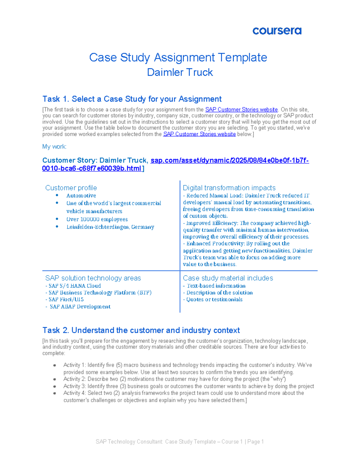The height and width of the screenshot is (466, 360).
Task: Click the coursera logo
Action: pos(277,31)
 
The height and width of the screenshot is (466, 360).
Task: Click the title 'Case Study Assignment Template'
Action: pos(178,57)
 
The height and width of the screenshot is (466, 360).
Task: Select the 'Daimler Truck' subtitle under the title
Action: pos(180,72)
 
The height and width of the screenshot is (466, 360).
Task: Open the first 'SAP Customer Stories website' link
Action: pos(241,110)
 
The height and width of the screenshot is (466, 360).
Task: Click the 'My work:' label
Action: pos(54,147)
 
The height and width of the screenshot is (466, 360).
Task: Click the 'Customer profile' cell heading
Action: pos(71,188)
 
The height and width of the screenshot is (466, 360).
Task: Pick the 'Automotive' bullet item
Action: pos(81,196)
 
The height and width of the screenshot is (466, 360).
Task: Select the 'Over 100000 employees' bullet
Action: pos(97,219)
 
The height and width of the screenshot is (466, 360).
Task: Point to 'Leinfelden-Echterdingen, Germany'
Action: pos(110,227)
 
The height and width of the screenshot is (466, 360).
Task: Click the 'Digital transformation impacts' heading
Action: pos(229,188)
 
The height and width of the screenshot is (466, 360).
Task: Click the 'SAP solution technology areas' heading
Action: pos(93,278)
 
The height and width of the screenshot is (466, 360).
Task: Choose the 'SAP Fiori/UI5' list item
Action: pos(66,299)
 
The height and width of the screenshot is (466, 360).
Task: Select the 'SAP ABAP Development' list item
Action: pos(80,307)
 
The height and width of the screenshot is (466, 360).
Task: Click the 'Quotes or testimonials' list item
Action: pos(214,299)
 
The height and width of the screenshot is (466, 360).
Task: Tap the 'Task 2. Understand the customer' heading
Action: pos(141,330)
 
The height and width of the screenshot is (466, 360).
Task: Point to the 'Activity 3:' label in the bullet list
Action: pos(74,386)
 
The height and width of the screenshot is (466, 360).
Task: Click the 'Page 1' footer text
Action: pos(255,442)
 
